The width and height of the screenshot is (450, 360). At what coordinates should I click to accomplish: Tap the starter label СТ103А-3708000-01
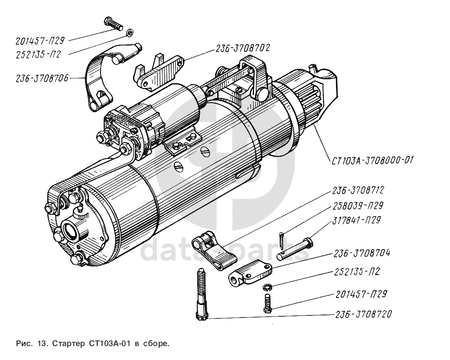tap(372, 160)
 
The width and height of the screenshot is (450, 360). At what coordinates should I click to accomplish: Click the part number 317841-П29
tap(356, 220)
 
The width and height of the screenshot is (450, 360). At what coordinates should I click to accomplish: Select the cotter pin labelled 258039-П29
tap(282, 237)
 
